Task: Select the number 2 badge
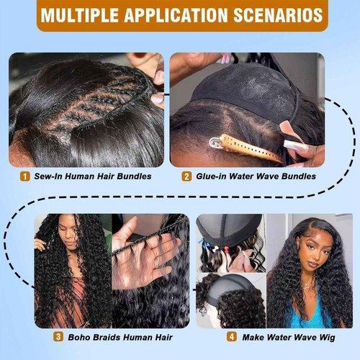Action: [x=186, y=176]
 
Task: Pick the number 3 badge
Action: [x=58, y=336]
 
